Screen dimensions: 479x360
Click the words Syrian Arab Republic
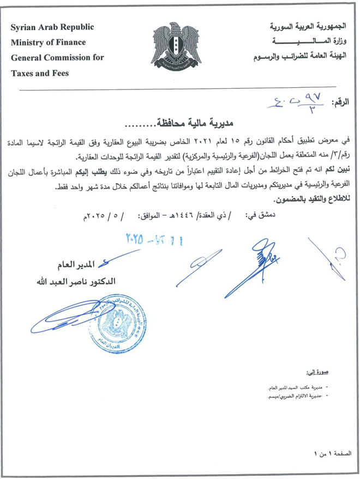52,27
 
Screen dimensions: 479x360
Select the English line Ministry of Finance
49,43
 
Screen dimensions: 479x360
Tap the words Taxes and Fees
40,73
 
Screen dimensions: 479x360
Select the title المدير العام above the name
74,265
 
